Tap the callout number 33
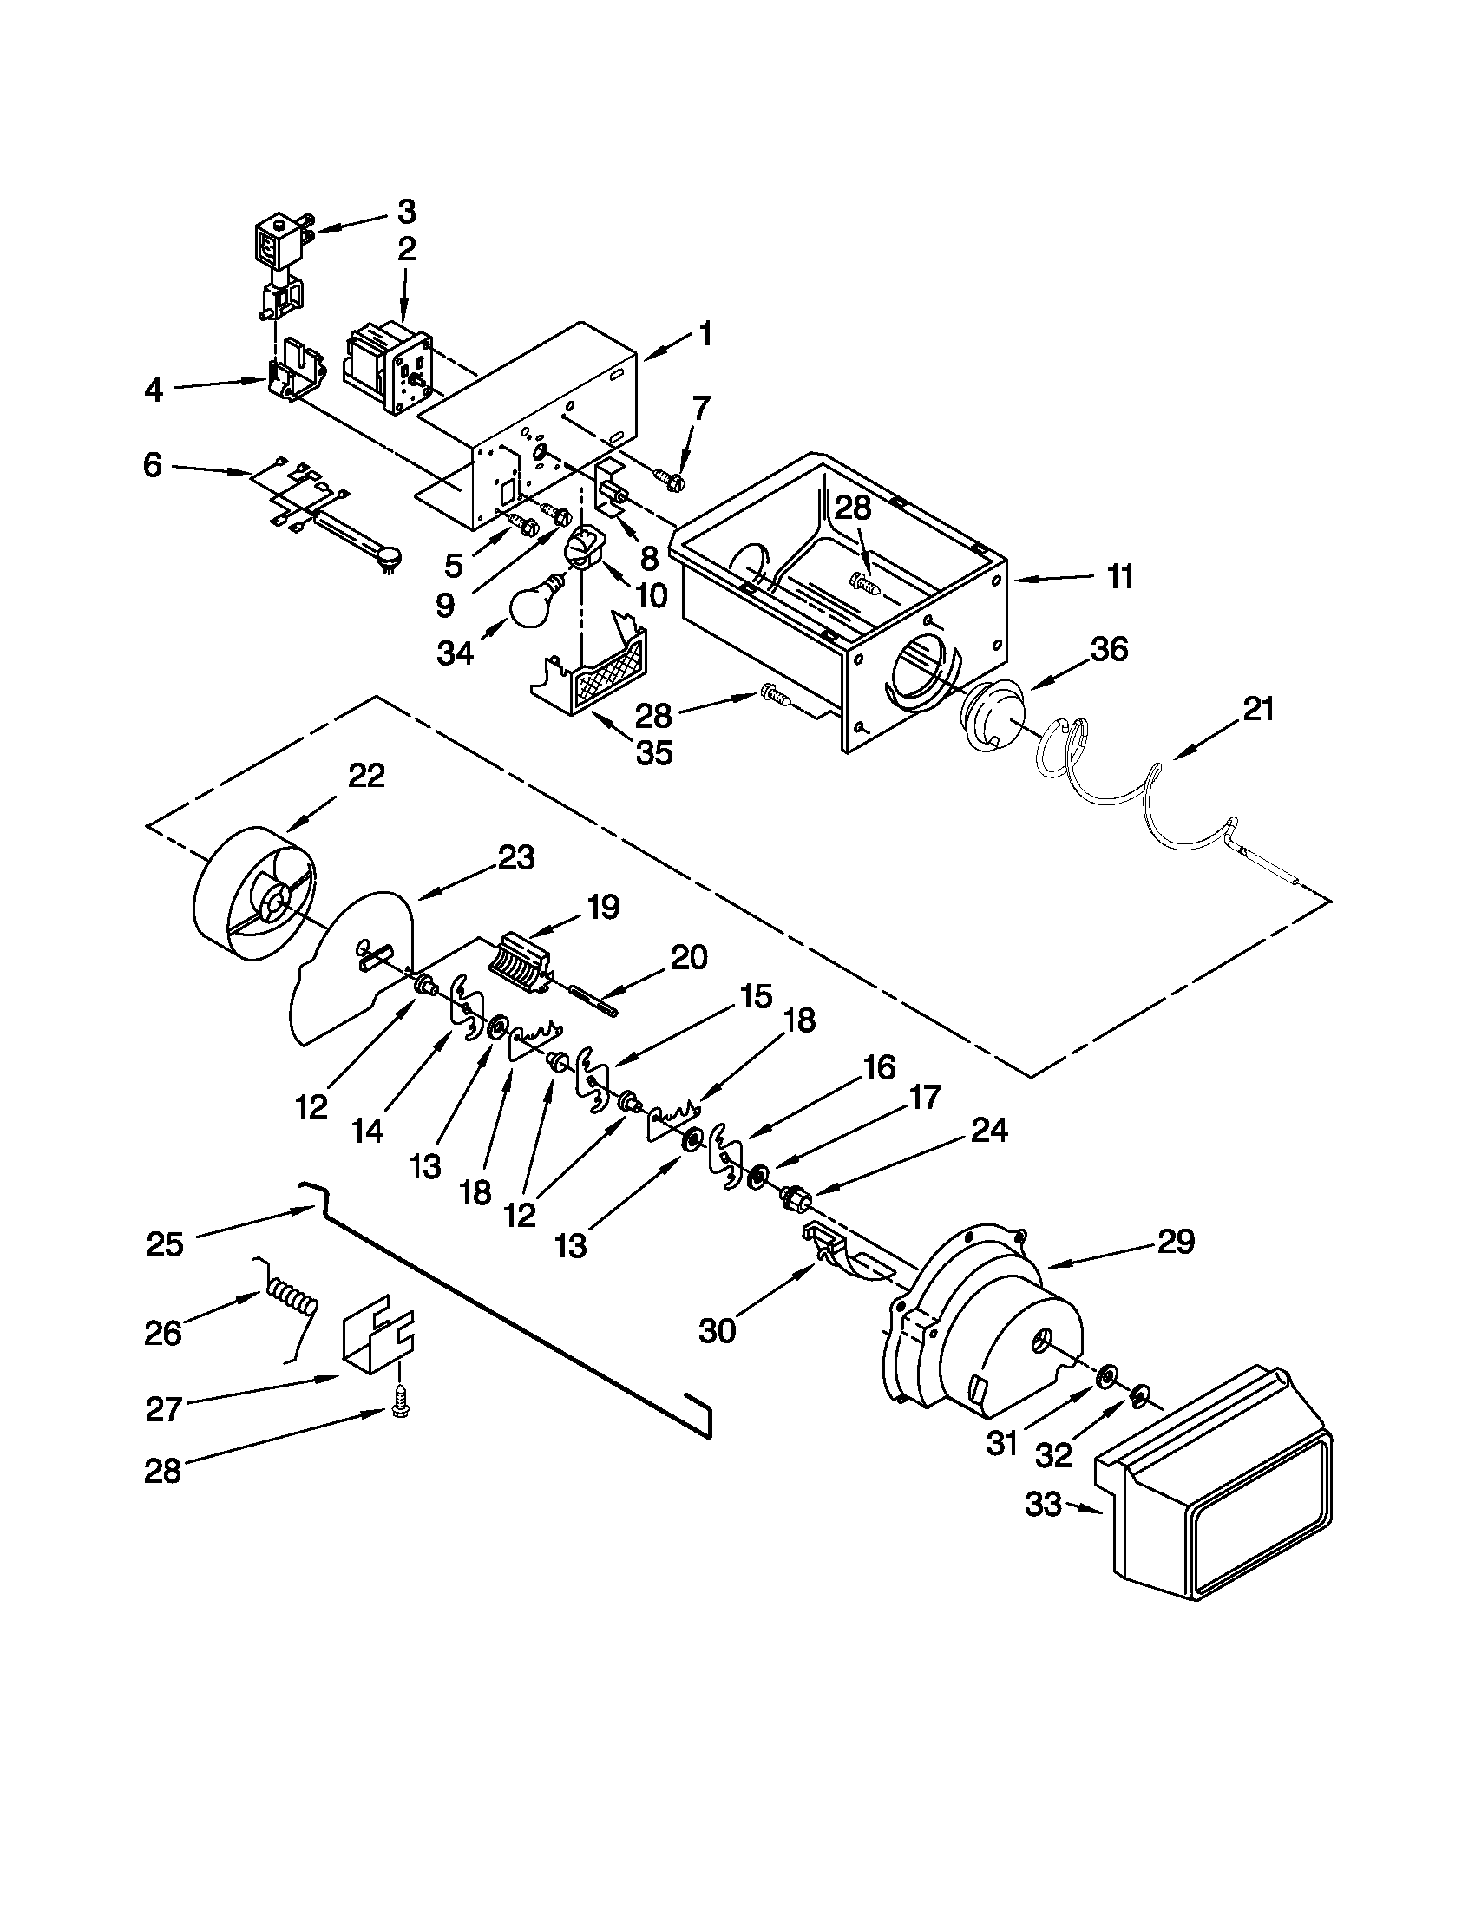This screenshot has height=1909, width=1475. click(1043, 1506)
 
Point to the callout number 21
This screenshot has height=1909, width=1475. click(1257, 709)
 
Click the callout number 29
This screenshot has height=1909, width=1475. click(1177, 1242)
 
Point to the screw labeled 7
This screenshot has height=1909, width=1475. click(672, 477)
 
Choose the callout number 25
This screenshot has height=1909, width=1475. click(165, 1243)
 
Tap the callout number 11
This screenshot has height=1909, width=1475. click(1119, 577)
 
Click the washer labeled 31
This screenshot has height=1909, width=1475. click(1106, 1379)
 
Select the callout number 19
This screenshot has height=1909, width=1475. click(604, 907)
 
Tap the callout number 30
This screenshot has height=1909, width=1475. click(718, 1331)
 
